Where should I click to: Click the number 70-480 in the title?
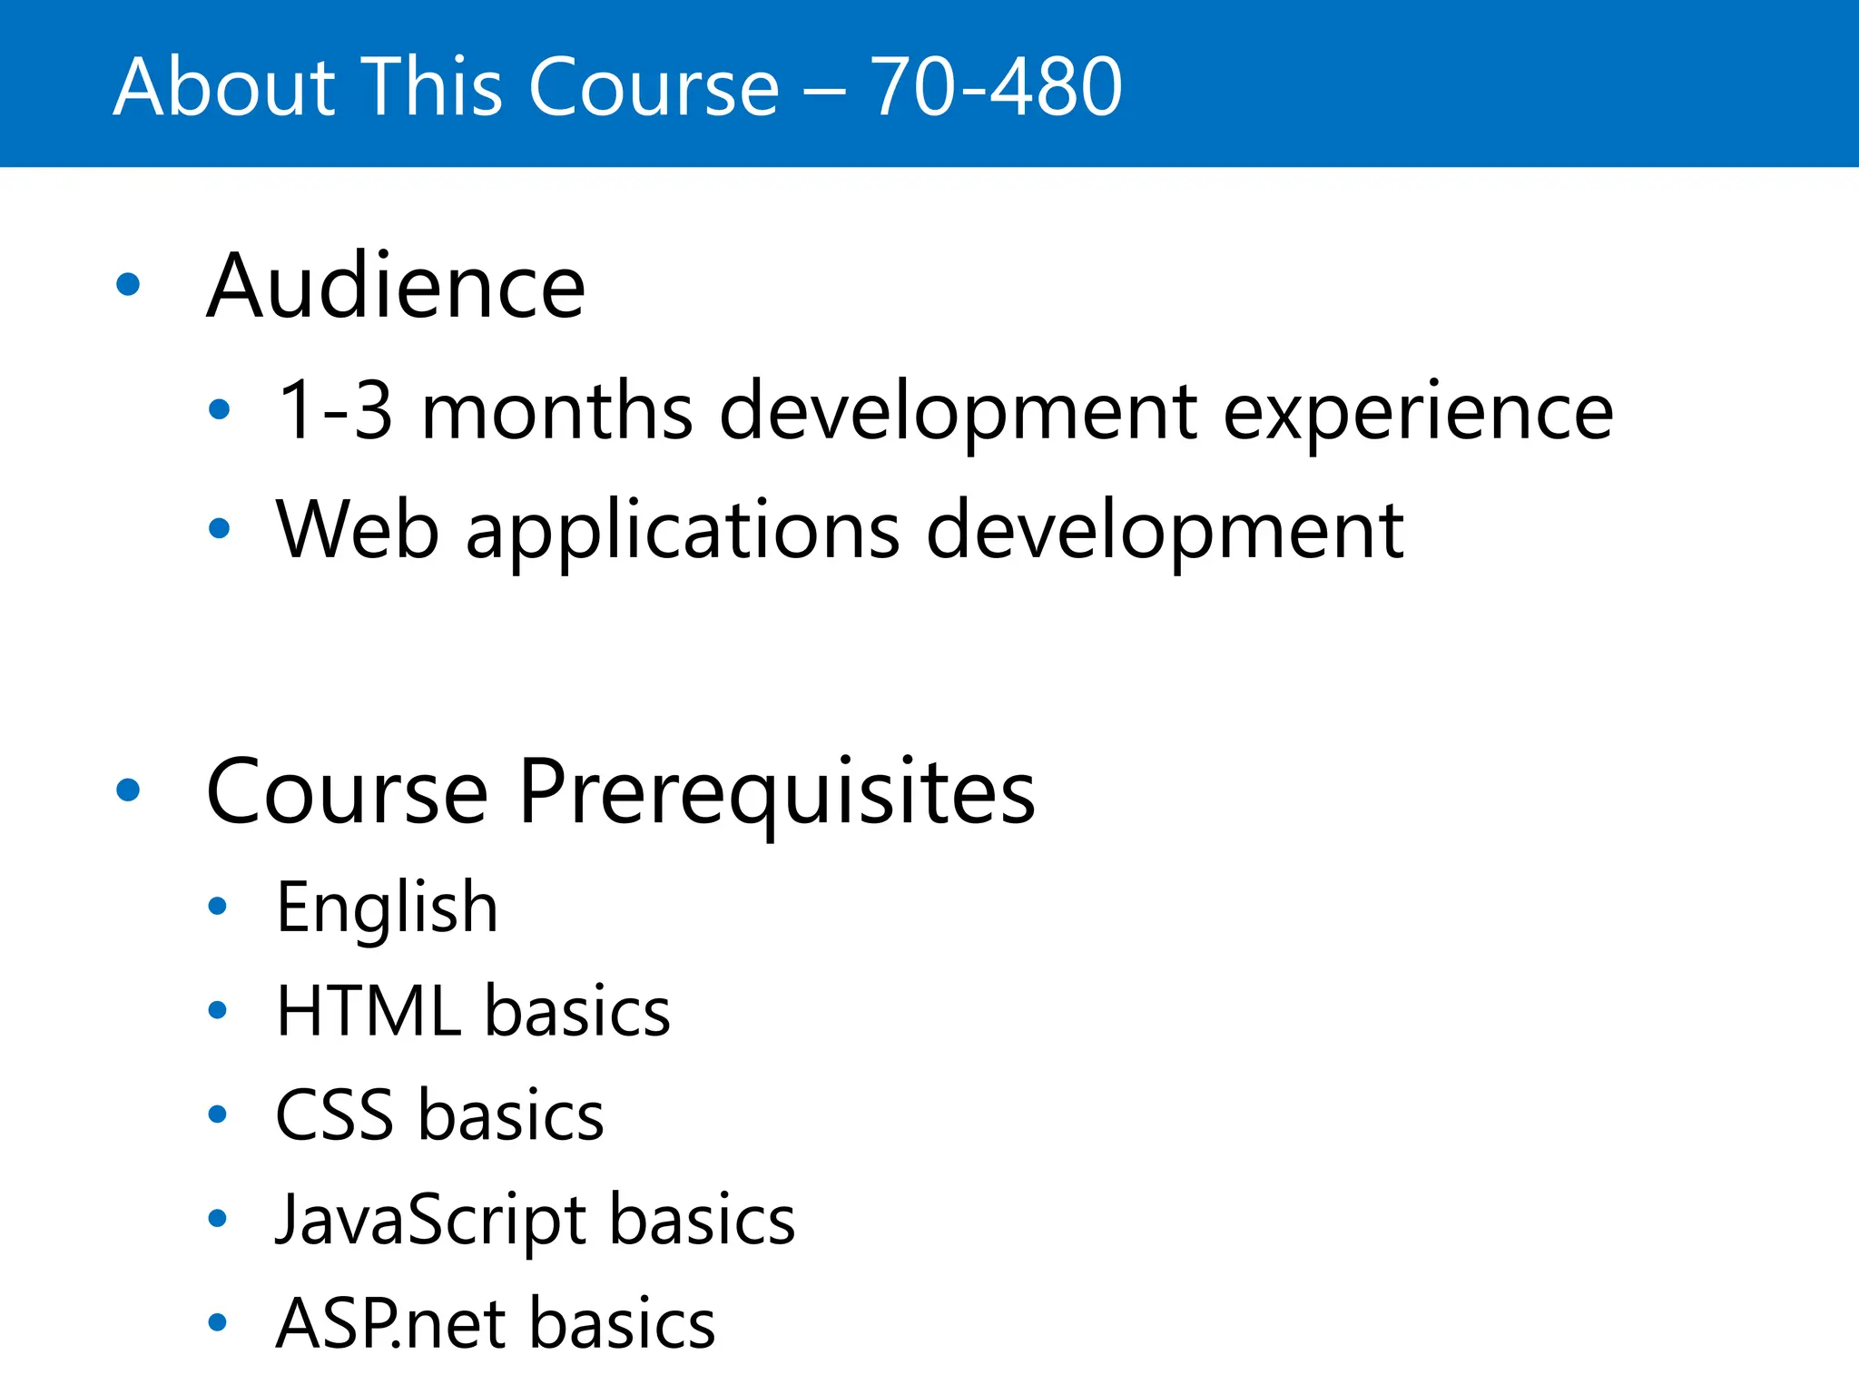click(996, 87)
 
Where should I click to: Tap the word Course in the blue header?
click(654, 87)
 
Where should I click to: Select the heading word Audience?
click(396, 287)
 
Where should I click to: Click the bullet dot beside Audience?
click(129, 285)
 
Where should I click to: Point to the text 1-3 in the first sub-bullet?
click(335, 411)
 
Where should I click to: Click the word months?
click(557, 411)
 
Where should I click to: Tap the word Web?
click(358, 529)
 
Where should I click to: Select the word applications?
click(683, 531)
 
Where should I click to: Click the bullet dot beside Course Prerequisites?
click(129, 790)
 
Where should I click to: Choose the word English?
click(387, 908)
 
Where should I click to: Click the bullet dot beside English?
click(218, 906)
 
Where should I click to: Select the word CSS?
click(334, 1115)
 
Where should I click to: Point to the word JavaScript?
click(430, 1221)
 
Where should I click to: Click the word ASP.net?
click(390, 1324)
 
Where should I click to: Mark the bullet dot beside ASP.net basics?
click(218, 1322)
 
